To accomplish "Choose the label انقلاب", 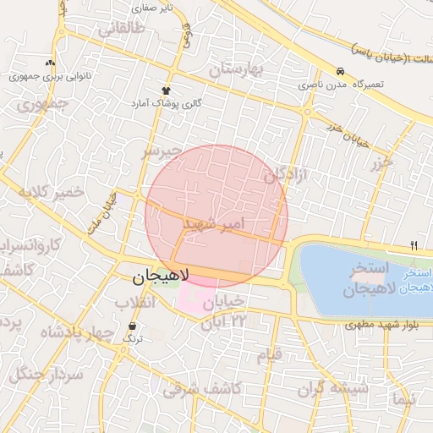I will point(134,303).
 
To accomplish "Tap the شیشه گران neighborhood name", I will point(333,389).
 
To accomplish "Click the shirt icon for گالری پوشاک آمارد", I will point(166,90).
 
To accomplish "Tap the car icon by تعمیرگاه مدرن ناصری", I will point(340,72).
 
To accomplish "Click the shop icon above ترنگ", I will point(132,326).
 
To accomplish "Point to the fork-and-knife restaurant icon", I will point(414,245).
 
